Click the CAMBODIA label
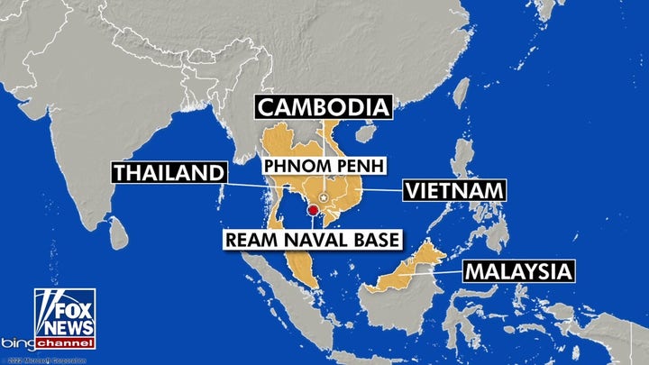(x=324, y=107)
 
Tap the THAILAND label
(x=168, y=174)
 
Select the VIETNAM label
(x=452, y=191)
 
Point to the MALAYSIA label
(x=516, y=271)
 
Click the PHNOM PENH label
(x=323, y=167)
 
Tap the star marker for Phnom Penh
(x=324, y=197)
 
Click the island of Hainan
(x=366, y=133)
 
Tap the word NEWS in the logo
(x=65, y=326)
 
